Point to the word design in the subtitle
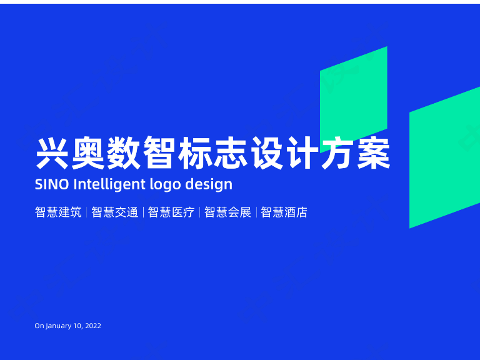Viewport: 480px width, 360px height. tap(210, 185)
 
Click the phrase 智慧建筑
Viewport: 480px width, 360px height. tap(58, 212)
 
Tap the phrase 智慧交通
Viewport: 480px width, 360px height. tap(114, 212)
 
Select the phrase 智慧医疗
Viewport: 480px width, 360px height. tap(171, 212)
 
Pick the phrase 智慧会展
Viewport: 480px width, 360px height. tap(227, 212)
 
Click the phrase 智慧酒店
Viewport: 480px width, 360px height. tap(284, 212)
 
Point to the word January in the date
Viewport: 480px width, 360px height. tap(59, 326)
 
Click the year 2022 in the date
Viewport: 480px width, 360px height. tap(92, 326)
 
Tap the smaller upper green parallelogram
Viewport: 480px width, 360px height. tap(353, 94)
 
